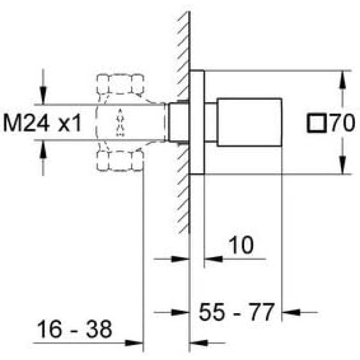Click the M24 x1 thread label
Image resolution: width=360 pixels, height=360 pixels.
click(x=43, y=123)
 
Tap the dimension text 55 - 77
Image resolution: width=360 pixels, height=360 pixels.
click(x=237, y=312)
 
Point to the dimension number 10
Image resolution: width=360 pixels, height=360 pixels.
click(x=241, y=245)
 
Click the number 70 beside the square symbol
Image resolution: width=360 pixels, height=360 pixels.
click(x=343, y=123)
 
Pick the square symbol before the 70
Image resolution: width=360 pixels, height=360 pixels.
click(x=317, y=123)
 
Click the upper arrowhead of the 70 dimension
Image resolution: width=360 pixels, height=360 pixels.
click(x=343, y=79)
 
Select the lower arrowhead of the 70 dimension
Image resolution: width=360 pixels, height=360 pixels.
click(x=343, y=165)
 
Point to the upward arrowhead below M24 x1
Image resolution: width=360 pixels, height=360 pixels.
click(x=43, y=149)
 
